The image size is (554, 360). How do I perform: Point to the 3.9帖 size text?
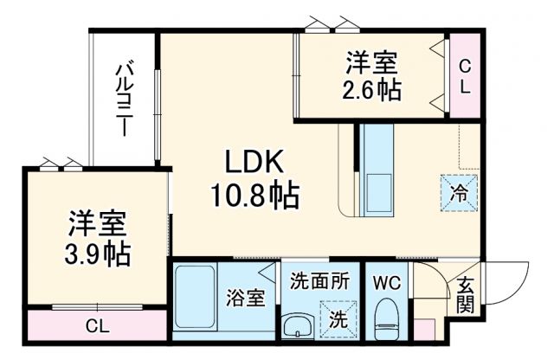coord(98,254)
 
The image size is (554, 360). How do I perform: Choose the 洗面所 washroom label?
coord(319,281)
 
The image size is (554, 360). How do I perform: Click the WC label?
coord(385,282)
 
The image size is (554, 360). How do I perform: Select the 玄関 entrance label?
coord(465,295)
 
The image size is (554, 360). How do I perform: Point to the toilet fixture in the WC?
coord(384,319)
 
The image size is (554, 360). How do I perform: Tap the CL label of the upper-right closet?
coord(464,75)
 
